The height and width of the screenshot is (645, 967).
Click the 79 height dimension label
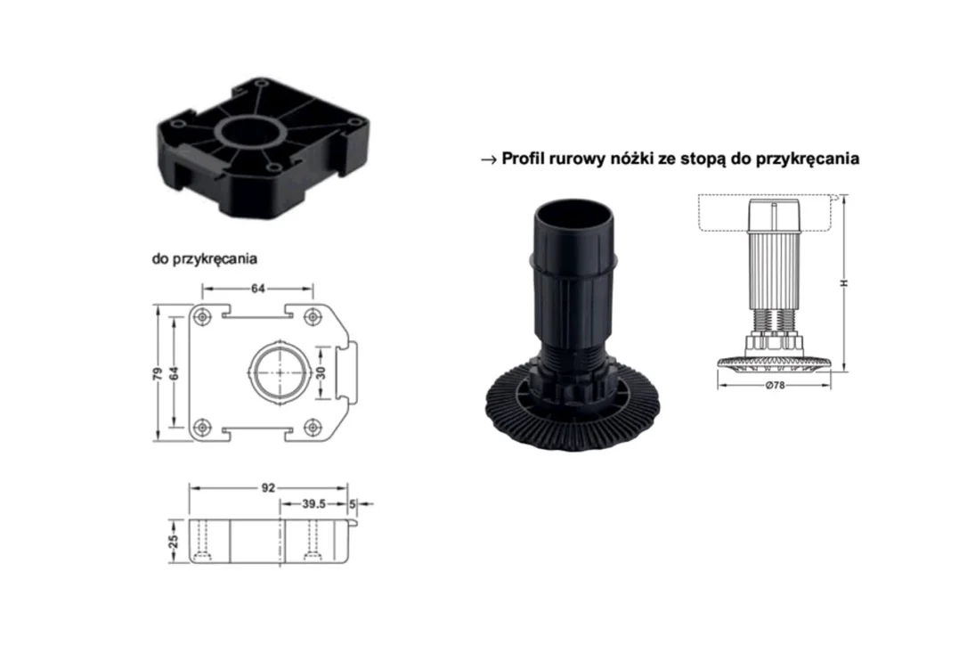[158, 373]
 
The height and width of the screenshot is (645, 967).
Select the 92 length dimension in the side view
[268, 487]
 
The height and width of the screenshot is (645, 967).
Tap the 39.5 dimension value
[313, 503]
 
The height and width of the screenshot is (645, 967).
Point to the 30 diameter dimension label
[321, 372]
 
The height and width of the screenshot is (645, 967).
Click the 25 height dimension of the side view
[174, 541]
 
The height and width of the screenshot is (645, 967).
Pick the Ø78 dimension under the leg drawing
[775, 386]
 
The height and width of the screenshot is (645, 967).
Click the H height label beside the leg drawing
[845, 282]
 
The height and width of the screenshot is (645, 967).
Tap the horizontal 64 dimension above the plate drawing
[258, 289]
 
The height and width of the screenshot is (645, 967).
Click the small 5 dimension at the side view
[352, 503]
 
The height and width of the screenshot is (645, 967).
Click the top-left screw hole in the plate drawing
[201, 317]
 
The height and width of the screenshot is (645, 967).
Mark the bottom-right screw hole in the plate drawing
[313, 427]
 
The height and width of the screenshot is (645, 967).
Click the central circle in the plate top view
[280, 372]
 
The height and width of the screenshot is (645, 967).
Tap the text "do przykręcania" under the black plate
[204, 258]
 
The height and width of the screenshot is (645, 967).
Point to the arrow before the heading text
[489, 159]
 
